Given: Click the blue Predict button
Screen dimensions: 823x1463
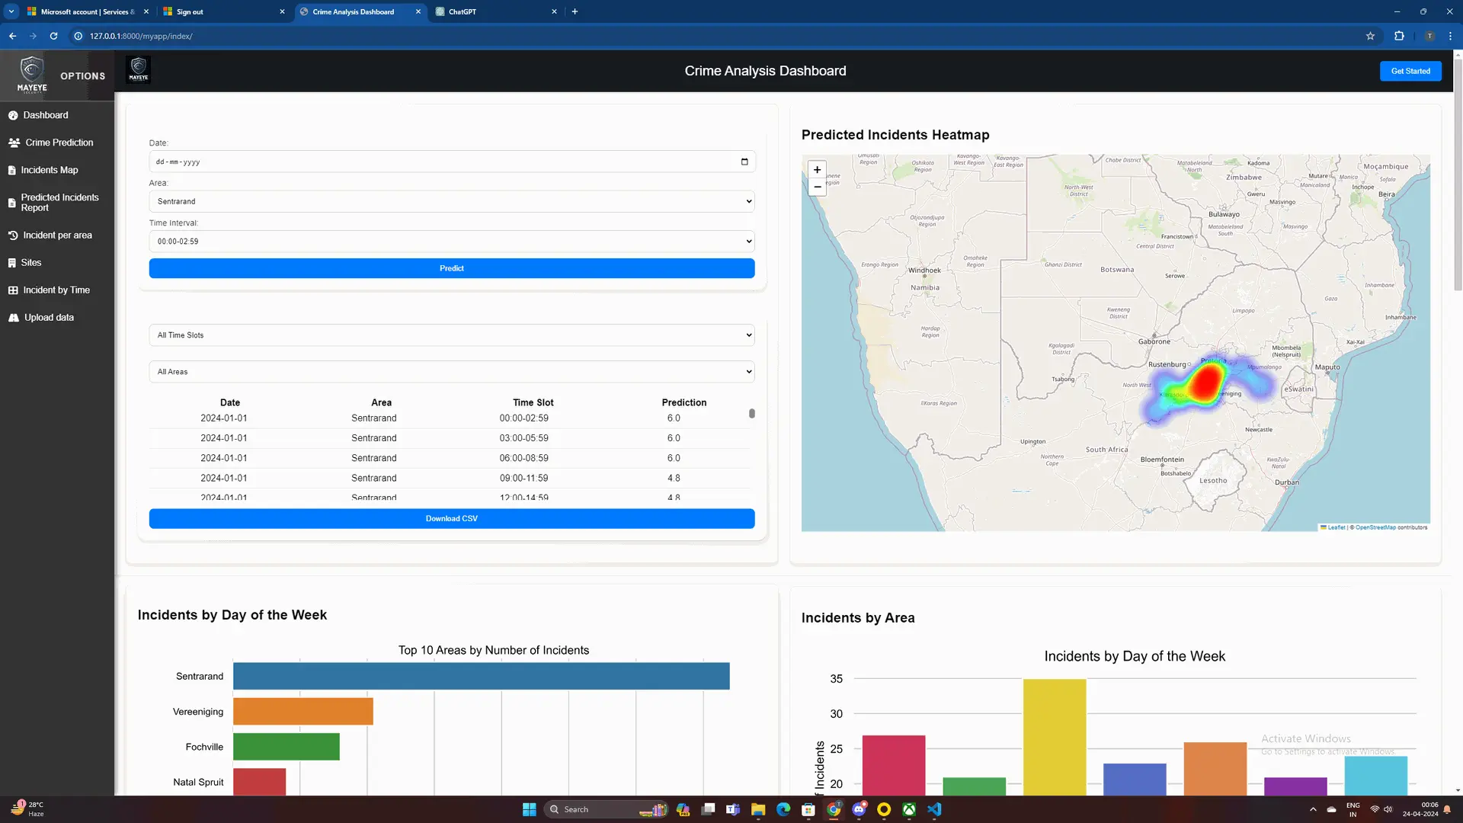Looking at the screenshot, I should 451,268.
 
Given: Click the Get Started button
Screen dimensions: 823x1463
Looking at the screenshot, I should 1410,71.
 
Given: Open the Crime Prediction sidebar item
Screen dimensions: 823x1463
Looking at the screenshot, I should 59,143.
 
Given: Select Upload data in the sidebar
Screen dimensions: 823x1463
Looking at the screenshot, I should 49,318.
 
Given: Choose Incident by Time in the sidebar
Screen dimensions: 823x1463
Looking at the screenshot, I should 56,290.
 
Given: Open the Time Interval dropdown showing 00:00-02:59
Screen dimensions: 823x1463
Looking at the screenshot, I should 451,242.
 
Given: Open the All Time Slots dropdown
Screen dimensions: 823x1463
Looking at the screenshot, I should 451,335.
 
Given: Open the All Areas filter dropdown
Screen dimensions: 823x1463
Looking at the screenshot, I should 451,372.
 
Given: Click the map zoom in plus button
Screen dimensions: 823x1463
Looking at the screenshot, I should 817,170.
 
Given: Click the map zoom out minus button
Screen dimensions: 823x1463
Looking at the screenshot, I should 817,187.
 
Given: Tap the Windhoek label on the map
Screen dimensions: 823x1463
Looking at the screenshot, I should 924,271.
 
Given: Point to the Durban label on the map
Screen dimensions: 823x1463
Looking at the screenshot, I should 1286,482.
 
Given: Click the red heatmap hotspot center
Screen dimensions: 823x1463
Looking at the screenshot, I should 1205,383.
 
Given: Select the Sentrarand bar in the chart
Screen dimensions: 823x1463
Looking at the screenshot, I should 481,676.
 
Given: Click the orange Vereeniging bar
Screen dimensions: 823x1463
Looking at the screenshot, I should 303,712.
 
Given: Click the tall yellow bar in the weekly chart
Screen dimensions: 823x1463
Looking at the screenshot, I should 1054,735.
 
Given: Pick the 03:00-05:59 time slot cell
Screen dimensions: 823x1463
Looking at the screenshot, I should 523,438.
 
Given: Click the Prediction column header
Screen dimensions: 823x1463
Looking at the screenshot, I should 683,402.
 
